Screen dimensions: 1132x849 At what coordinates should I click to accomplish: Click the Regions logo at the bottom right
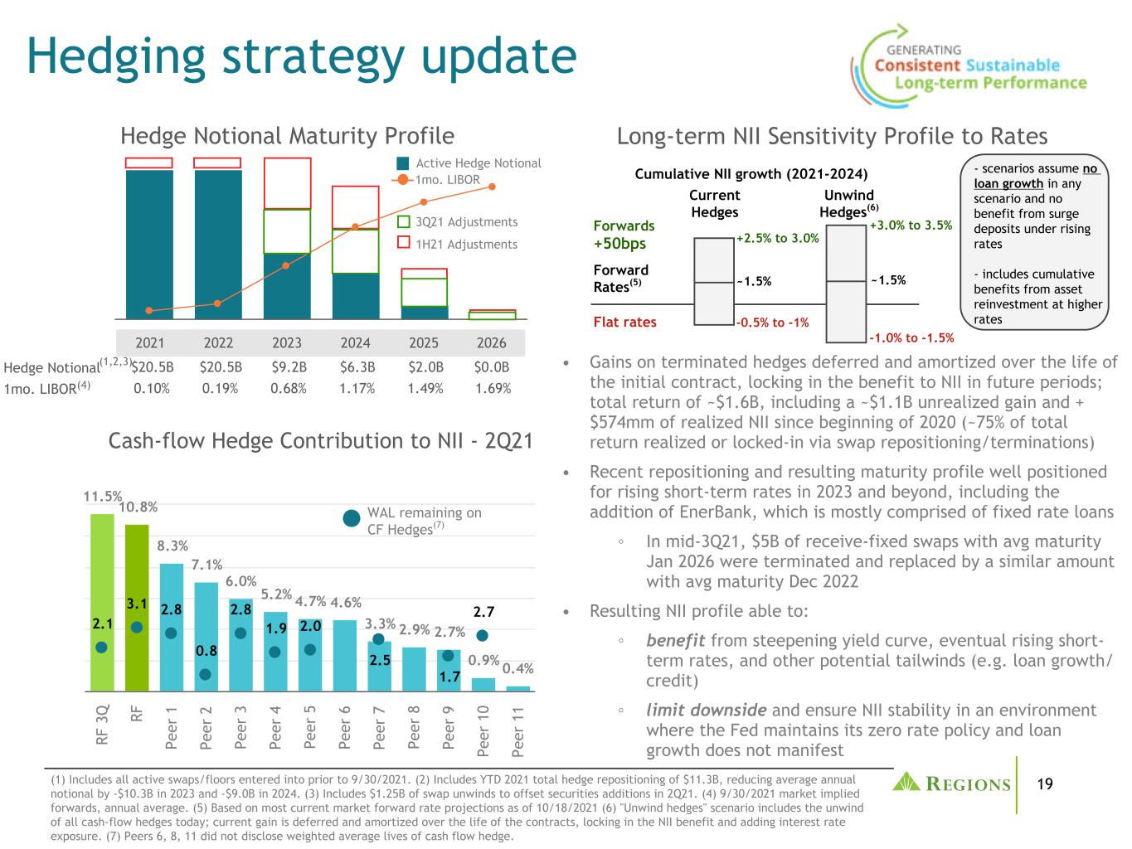pos(952,783)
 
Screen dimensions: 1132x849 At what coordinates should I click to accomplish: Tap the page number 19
pos(1046,784)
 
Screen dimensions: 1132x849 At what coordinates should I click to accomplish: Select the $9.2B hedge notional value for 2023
pos(289,367)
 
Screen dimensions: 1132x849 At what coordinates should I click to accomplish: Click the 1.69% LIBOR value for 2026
pos(493,388)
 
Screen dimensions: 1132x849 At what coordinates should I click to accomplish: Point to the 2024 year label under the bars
pos(355,342)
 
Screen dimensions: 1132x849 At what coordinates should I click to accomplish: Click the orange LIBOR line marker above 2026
pos(492,187)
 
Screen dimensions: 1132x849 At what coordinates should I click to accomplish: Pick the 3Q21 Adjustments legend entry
pos(458,222)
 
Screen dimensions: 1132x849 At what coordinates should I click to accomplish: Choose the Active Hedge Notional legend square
pos(403,163)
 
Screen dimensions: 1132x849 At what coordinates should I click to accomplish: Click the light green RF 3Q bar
pos(102,602)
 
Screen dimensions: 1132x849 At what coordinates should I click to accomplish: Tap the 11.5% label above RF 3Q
pos(103,497)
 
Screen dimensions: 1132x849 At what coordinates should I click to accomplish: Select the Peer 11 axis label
pos(517,731)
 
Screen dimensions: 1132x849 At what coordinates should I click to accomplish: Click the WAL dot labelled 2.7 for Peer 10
pos(482,635)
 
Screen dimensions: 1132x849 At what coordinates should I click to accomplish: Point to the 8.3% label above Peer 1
pos(172,546)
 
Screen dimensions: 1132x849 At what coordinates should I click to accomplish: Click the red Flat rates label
pos(624,323)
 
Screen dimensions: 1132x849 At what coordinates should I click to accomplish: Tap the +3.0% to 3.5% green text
pos(911,226)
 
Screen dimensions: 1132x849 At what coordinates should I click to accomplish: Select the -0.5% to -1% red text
pos(773,323)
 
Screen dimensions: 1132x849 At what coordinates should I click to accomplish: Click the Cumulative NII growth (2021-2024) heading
pos(751,174)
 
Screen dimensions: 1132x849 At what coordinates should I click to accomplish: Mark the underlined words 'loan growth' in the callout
pos(1008,184)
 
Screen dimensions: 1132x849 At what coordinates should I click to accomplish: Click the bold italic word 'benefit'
pos(675,640)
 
